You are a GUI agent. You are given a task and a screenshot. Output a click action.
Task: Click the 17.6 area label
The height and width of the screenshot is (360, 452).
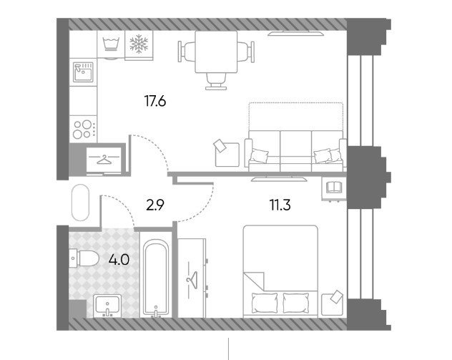coord(155,101)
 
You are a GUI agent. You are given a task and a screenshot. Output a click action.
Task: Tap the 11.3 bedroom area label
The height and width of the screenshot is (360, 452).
coord(280,205)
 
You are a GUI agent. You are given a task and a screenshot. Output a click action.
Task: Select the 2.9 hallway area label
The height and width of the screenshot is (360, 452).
coord(155,205)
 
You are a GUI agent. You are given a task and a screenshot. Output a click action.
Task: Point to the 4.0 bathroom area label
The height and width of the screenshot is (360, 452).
coord(119,260)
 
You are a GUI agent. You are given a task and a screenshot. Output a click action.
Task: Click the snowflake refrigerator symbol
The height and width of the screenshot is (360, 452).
coord(139,44)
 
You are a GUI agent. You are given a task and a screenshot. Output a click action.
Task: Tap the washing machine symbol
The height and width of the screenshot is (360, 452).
coord(111,44)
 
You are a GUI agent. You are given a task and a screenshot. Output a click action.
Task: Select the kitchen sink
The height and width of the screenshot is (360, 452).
coord(83,72)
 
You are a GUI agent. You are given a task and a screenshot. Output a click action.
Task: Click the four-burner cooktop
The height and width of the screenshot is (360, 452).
coord(84,130)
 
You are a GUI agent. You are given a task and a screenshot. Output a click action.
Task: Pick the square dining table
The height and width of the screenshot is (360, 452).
coord(216,52)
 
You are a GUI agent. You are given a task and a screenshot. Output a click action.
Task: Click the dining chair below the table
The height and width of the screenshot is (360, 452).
coord(216,81)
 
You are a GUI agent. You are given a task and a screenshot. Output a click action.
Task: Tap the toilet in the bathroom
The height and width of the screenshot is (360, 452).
coord(84,258)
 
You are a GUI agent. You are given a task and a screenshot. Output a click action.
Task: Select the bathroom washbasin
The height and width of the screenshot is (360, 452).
coord(107,305)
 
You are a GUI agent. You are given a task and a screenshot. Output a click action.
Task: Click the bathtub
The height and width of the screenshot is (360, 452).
coord(156,278)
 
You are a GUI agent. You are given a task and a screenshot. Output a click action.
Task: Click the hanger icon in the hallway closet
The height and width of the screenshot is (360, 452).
coord(104,159)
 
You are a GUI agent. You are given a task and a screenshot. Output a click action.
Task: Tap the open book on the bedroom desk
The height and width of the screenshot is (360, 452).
coord(333,187)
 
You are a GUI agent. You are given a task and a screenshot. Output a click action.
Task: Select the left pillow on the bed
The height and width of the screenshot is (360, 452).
coord(265,303)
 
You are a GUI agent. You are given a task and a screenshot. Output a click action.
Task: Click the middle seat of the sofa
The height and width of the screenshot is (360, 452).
coord(295,150)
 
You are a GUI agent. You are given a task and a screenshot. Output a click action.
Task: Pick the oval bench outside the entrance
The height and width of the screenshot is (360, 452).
coord(80,203)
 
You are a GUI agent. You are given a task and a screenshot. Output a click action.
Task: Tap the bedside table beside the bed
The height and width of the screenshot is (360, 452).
coord(332,304)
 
